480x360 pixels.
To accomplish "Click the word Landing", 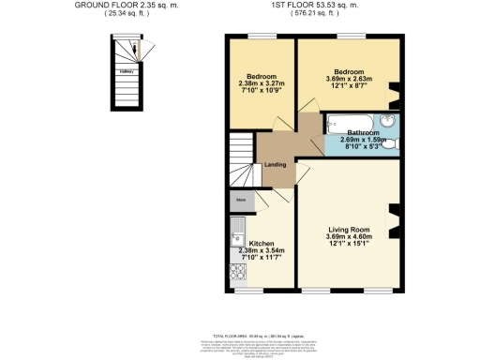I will tap(276, 165).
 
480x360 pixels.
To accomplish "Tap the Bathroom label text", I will tap(362, 133).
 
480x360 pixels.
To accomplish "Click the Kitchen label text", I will tap(262, 244).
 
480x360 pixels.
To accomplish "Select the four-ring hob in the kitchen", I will tap(236, 270).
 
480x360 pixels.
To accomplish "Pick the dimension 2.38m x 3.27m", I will tap(262, 83).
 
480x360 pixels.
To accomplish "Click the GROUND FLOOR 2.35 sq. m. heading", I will tap(127, 6).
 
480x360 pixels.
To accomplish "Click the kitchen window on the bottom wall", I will tap(249, 290).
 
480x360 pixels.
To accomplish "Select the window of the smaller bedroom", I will tap(262, 37).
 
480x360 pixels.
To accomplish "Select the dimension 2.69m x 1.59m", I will tap(362, 141).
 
